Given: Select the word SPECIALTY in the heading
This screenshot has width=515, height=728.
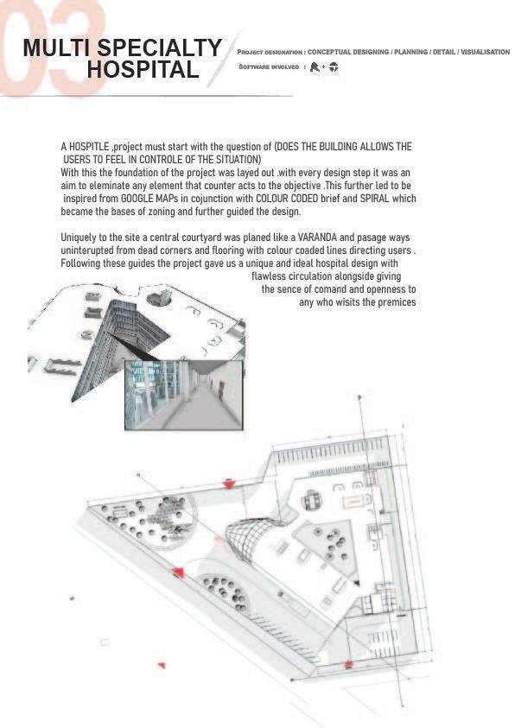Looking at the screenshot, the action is tap(160, 47).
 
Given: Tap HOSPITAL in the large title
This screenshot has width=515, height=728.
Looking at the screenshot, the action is tap(143, 70).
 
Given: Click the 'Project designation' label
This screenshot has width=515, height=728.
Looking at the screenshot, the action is tap(270, 53).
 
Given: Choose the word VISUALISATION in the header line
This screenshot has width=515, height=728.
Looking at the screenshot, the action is tap(485, 52).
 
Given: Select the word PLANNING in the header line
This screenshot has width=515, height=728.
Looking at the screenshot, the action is tap(410, 52).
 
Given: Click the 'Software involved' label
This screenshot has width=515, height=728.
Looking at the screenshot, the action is tap(269, 66).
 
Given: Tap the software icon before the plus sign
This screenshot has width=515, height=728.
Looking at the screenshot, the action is tap(315, 67).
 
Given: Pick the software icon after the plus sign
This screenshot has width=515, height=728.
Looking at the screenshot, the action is tap(334, 67).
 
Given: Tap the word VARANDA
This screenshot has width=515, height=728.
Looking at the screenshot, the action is tap(317, 237).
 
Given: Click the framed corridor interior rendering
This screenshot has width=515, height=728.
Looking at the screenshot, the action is tap(184, 395).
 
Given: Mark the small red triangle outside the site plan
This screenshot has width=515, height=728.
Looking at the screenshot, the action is tap(162, 665).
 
